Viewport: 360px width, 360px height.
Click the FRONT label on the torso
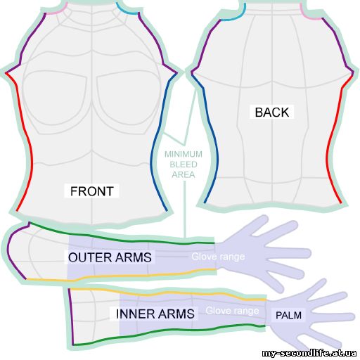(92, 191)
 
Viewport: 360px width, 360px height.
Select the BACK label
(272, 112)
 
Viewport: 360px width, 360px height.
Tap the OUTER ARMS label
(110, 257)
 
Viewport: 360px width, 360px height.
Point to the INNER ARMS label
(155, 314)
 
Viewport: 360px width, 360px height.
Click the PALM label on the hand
(288, 315)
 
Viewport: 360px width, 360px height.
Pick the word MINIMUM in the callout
(184, 154)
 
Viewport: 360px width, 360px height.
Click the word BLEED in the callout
(184, 165)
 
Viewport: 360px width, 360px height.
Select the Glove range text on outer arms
(218, 257)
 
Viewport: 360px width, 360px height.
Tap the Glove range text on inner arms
(232, 311)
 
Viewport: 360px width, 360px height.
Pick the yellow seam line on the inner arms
(169, 293)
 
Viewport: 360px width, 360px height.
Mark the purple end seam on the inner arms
(70, 316)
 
